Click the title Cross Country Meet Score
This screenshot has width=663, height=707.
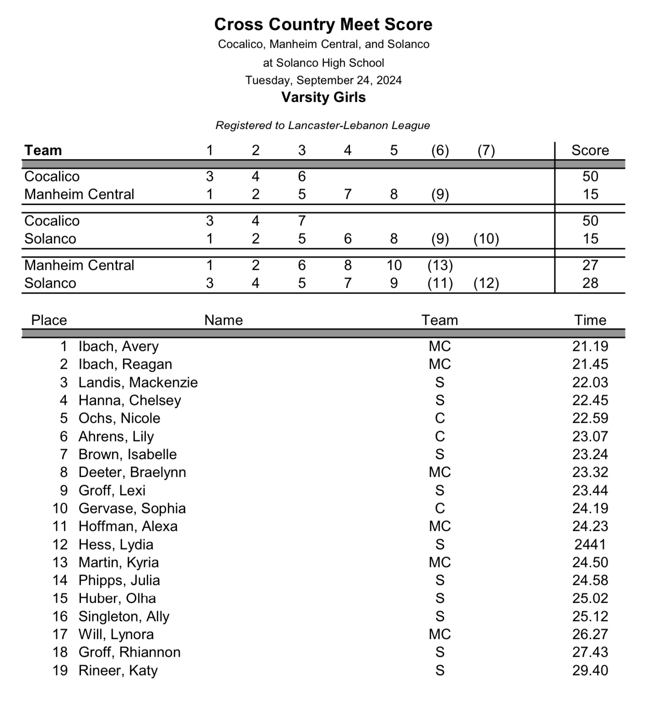tap(323, 24)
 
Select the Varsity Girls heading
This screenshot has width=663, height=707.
tap(323, 97)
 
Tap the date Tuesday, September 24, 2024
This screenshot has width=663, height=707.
tap(323, 80)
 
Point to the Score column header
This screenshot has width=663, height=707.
tap(590, 150)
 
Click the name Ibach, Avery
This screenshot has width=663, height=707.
tap(119, 346)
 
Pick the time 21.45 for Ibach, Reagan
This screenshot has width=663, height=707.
tap(590, 364)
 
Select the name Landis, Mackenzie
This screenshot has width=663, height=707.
tap(138, 382)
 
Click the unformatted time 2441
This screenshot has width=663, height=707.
tap(590, 544)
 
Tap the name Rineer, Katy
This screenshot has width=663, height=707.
tap(118, 670)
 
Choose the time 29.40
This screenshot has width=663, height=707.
tap(590, 670)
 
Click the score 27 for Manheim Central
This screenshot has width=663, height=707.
tap(590, 265)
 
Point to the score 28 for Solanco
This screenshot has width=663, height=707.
tap(590, 283)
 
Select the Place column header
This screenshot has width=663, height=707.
tap(49, 320)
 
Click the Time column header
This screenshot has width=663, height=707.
tap(590, 320)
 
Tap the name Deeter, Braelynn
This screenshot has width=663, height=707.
tap(132, 472)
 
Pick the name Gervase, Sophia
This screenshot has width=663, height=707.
tap(132, 508)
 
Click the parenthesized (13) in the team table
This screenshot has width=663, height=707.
tap(440, 265)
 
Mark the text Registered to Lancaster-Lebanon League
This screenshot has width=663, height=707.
tap(323, 125)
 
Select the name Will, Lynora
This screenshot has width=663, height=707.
tap(116, 634)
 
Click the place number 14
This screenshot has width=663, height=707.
tap(60, 580)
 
